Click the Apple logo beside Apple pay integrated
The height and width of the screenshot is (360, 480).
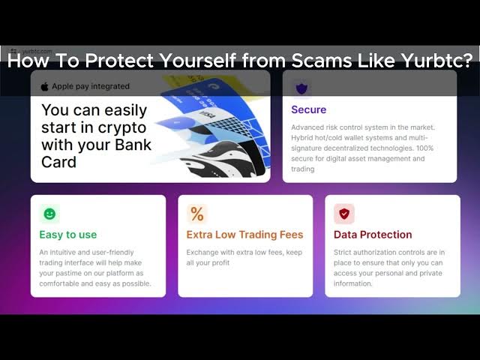[45, 87]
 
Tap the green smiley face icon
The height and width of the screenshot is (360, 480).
[49, 214]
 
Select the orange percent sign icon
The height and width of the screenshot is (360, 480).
[197, 214]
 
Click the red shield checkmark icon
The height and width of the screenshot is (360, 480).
[344, 214]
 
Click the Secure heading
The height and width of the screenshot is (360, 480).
[308, 109]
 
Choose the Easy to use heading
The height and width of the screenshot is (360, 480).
[68, 235]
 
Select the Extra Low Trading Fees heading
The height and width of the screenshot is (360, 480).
[245, 235]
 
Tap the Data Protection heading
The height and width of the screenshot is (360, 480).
[373, 235]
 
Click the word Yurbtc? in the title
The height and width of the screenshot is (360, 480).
[437, 60]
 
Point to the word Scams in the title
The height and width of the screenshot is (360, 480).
[321, 60]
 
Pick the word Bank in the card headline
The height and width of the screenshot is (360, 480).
[133, 145]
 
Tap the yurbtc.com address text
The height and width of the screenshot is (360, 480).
[37, 51]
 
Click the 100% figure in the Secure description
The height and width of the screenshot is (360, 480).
[425, 148]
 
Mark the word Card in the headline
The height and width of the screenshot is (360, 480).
[58, 162]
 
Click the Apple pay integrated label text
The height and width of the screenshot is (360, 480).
[91, 87]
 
